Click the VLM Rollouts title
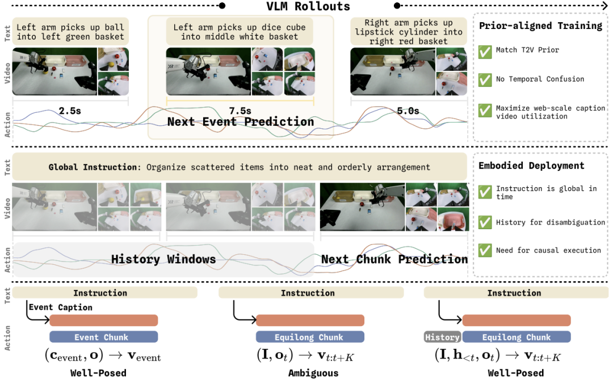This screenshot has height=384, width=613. tap(308, 6)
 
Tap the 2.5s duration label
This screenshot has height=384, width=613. tap(70, 111)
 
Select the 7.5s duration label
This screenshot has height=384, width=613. tap(240, 111)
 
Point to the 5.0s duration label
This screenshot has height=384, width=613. tap(408, 111)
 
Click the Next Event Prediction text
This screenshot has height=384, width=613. tap(241, 122)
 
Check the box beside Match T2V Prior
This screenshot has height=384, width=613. tap(485, 51)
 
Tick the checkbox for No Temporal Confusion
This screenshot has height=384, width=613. tap(485, 80)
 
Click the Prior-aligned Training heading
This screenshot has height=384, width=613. tap(541, 26)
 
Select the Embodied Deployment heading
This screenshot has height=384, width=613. tap(531, 166)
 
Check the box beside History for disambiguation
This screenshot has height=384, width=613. tap(485, 222)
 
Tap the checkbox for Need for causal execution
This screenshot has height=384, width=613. tap(485, 250)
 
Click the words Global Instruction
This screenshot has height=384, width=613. tap(94, 167)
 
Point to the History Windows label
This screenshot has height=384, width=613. tap(163, 259)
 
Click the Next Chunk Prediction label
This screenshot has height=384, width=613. tap(394, 259)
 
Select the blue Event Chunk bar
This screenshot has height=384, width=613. tap(104, 337)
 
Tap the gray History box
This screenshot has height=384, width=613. tap(443, 337)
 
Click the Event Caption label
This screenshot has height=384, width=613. tap(61, 307)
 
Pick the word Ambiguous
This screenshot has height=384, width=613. tap(313, 373)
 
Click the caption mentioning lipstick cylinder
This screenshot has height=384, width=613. tap(409, 32)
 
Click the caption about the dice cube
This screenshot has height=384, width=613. tap(240, 32)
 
